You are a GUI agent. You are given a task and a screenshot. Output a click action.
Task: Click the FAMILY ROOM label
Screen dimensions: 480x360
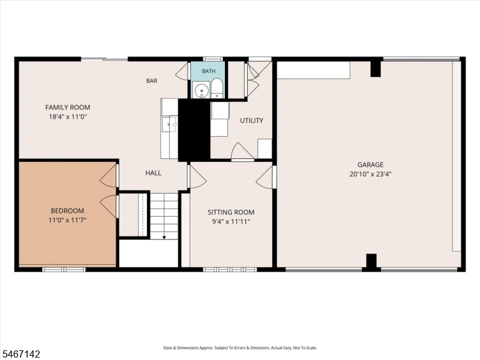tap(68, 107)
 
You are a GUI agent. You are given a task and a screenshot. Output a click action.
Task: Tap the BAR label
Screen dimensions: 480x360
tap(152, 81)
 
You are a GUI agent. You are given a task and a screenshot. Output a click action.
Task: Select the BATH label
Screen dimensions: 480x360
tap(208, 71)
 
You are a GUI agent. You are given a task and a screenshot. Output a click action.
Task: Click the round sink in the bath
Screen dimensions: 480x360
tap(201, 91)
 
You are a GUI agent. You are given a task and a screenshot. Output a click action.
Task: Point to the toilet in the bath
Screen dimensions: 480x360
tap(217, 88)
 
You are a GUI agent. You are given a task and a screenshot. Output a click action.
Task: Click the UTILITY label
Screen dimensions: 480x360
tap(251, 121)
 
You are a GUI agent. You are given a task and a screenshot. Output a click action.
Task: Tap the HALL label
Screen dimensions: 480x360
tap(154, 173)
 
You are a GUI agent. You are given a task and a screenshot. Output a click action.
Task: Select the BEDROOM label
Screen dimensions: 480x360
tap(67, 211)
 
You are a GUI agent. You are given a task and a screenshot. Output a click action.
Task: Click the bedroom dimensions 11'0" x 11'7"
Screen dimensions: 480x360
tap(67, 220)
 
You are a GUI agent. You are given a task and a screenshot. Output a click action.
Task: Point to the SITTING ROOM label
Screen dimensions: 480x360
tap(231, 212)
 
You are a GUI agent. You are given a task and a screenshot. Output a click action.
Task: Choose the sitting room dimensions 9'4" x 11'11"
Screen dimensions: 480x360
tap(231, 221)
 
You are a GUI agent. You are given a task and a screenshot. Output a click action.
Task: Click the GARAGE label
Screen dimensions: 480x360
tap(370, 164)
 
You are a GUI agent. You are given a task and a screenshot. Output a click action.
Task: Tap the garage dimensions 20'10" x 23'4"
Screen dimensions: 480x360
tap(370, 174)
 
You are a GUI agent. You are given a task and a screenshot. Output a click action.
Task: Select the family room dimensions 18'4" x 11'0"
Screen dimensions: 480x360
tap(68, 116)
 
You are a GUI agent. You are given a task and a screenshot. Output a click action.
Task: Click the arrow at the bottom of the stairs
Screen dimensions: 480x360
tap(164, 237)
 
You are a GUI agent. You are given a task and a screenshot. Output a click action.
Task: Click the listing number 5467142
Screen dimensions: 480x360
tap(20, 354)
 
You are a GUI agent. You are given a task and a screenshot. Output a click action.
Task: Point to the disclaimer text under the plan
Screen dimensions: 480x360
tap(240, 348)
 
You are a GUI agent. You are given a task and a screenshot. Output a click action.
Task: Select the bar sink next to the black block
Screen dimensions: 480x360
tap(170, 124)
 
